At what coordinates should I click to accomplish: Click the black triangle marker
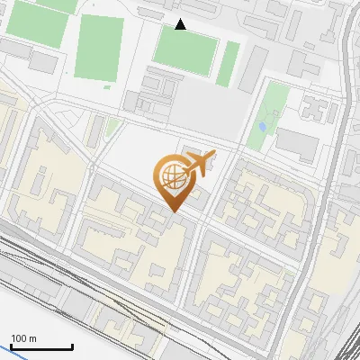pyautogui.click(x=181, y=24)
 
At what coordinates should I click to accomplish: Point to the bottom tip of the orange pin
pyautogui.click(x=173, y=211)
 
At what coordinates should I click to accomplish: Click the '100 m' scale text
pyautogui.click(x=23, y=338)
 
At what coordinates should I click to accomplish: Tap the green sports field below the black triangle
pyautogui.click(x=184, y=49)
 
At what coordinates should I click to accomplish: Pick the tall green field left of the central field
pyautogui.click(x=99, y=50)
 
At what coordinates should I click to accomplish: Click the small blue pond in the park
pyautogui.click(x=262, y=127)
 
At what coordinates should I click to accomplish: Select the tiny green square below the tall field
pyautogui.click(x=108, y=87)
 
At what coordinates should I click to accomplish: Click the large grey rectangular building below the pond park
pyautogui.click(x=296, y=143)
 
